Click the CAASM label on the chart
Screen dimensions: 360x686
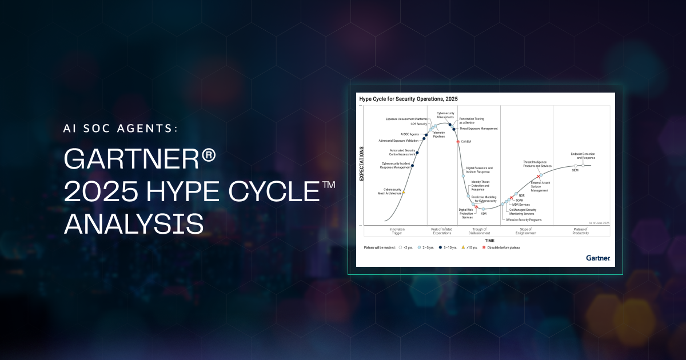466,141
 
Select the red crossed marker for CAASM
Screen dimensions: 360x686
458,141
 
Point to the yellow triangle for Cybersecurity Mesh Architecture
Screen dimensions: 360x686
404,193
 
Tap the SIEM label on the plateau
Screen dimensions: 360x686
575,170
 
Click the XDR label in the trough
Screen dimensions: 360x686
484,214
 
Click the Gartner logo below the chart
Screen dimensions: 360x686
598,258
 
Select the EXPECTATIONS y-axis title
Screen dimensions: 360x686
361,164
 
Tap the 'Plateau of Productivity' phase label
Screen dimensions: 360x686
581,231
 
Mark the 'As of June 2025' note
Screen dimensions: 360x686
599,222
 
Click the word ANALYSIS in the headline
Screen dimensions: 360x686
134,223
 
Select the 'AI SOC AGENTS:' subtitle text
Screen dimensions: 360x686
121,129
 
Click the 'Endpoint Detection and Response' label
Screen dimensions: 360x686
583,156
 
